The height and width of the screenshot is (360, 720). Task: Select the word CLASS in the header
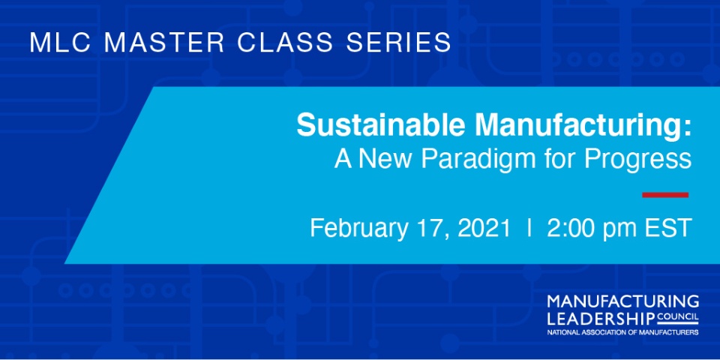[285, 42]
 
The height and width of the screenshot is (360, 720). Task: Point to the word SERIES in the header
[398, 42]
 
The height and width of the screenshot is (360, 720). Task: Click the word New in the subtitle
[386, 159]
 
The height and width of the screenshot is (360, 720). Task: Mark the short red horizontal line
[665, 195]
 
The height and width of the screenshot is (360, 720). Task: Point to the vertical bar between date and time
[530, 228]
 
